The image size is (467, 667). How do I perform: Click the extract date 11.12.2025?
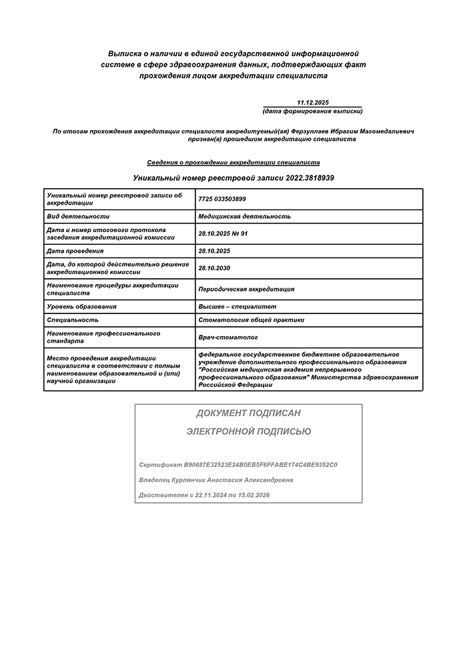(313, 102)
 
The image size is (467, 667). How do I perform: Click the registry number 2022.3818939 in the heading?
(310, 178)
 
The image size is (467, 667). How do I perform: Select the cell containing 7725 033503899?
(222, 199)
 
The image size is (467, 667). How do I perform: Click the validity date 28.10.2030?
(215, 268)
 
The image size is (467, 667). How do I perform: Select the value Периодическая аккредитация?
(246, 289)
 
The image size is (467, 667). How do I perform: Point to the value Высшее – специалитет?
(237, 306)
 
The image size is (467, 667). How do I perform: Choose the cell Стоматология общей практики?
(251, 319)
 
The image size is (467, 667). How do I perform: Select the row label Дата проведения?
(75, 251)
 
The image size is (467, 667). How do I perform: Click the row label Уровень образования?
(82, 306)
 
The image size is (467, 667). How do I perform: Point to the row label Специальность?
(73, 319)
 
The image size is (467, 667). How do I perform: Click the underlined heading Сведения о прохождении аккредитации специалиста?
(233, 162)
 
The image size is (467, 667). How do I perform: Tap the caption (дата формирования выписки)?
(313, 111)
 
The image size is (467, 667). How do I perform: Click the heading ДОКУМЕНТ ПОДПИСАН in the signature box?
(248, 414)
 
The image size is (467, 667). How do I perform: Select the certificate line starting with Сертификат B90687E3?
(238, 464)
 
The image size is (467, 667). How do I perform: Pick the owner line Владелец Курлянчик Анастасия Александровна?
(215, 480)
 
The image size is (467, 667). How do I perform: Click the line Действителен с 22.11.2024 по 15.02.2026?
(204, 496)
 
